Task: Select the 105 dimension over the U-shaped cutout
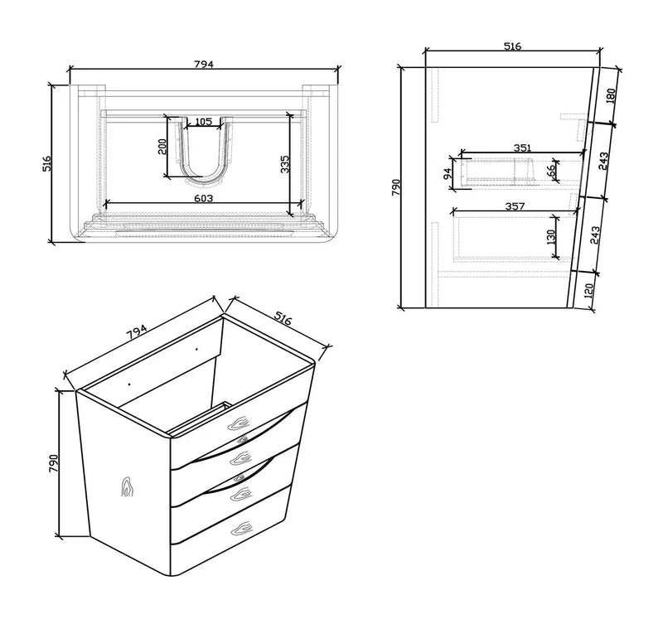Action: [203, 123]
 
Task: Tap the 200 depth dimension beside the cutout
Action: [163, 147]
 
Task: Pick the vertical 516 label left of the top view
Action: [47, 162]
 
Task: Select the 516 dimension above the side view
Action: [511, 46]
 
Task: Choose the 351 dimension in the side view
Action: [521, 147]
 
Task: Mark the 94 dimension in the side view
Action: [448, 174]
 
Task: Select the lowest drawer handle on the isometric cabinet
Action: [241, 526]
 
